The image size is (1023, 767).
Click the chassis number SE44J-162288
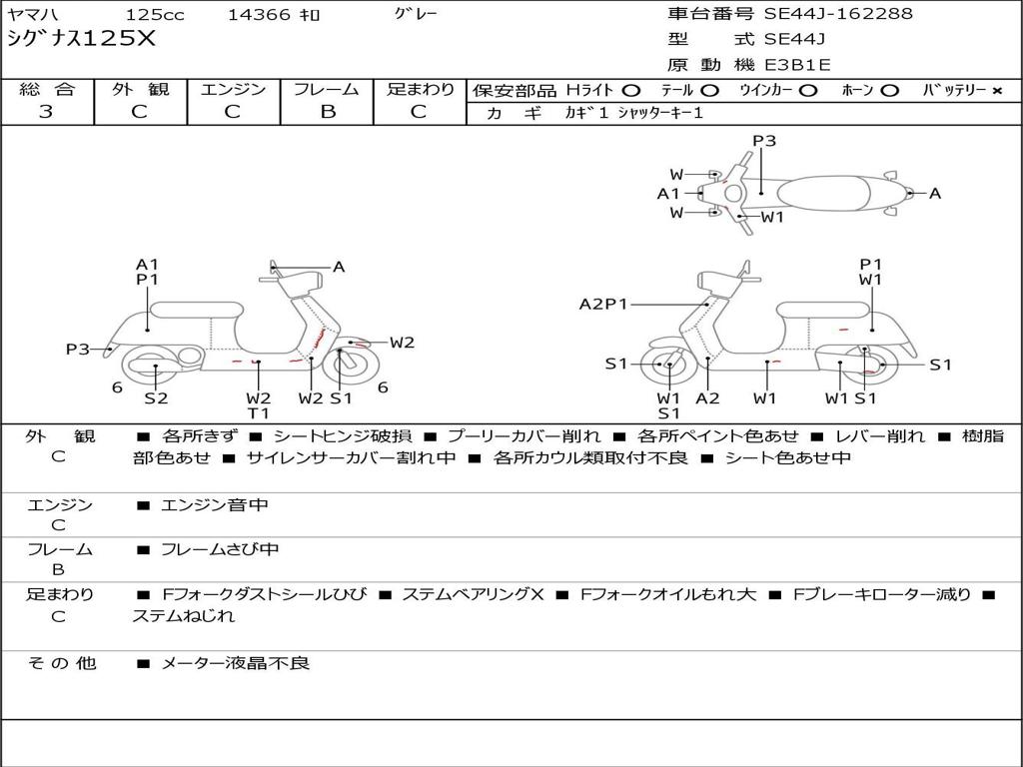(838, 13)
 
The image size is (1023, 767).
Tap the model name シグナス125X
(82, 39)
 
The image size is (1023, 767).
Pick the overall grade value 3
(46, 112)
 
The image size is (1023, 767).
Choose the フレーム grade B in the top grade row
(328, 112)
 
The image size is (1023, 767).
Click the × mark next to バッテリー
(996, 91)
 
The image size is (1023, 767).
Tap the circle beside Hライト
(631, 91)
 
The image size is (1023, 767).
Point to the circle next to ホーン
(889, 91)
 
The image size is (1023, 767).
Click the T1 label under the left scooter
(259, 412)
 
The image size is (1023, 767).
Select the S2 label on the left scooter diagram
(156, 397)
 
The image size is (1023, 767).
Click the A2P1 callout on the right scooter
(602, 304)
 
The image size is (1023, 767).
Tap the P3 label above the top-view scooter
(764, 141)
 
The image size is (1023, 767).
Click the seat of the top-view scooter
(823, 194)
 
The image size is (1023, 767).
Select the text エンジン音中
(215, 504)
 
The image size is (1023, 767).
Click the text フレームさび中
(220, 549)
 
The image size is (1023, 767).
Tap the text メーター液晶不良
(235, 663)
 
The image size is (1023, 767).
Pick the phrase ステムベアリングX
(473, 594)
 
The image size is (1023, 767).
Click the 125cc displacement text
(155, 14)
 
